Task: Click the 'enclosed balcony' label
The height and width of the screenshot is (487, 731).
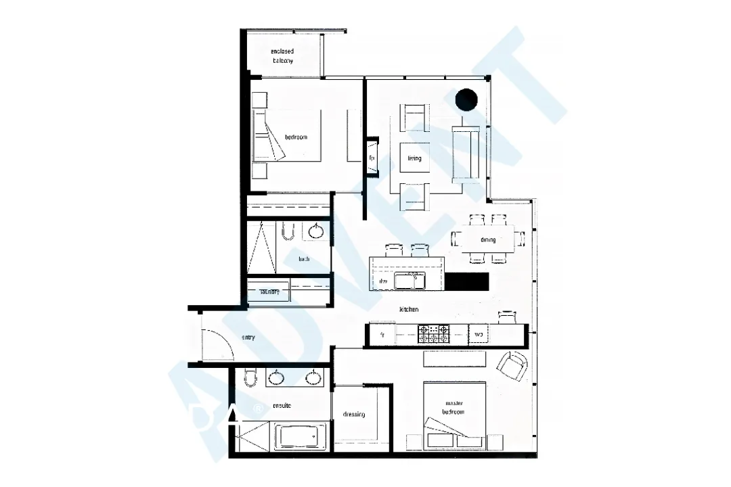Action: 282,55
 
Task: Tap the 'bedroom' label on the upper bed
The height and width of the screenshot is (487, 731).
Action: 296,137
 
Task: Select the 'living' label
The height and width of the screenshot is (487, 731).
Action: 414,158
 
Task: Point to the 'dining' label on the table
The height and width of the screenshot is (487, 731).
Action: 488,239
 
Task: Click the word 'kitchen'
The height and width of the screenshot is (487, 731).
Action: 409,309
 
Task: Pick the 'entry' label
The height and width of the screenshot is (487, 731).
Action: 248,338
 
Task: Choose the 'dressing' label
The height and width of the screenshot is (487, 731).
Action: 354,414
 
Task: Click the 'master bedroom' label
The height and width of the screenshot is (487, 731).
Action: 454,407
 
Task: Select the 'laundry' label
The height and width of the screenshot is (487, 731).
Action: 269,292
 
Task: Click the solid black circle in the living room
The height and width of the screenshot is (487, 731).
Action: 466,99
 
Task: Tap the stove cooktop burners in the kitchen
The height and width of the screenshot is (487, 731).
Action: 435,333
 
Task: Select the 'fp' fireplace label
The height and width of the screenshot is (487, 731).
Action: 372,158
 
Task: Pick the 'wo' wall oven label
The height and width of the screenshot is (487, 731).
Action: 478,334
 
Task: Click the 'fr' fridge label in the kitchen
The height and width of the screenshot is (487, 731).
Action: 382,334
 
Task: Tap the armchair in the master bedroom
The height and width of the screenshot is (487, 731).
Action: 512,366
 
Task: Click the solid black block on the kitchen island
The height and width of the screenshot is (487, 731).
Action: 466,281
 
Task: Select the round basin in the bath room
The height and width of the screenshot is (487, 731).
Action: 315,231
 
